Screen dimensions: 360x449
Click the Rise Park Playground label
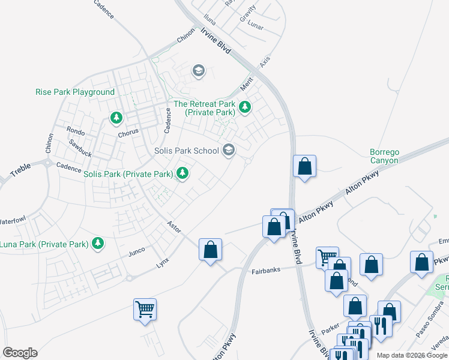(x=75, y=92)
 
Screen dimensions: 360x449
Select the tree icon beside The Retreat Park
(x=244, y=108)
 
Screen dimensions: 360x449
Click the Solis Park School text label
(x=187, y=151)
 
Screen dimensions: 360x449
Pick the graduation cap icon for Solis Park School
(x=228, y=149)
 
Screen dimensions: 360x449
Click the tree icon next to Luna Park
(x=97, y=244)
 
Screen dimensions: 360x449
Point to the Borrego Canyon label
(x=384, y=156)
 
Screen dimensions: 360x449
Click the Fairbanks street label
(x=266, y=271)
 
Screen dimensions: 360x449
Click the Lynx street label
(x=163, y=263)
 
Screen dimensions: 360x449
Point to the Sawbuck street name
(x=80, y=148)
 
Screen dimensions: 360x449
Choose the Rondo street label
(x=76, y=130)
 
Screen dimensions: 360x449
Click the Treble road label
(x=20, y=171)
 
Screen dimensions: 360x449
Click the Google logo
(x=20, y=353)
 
